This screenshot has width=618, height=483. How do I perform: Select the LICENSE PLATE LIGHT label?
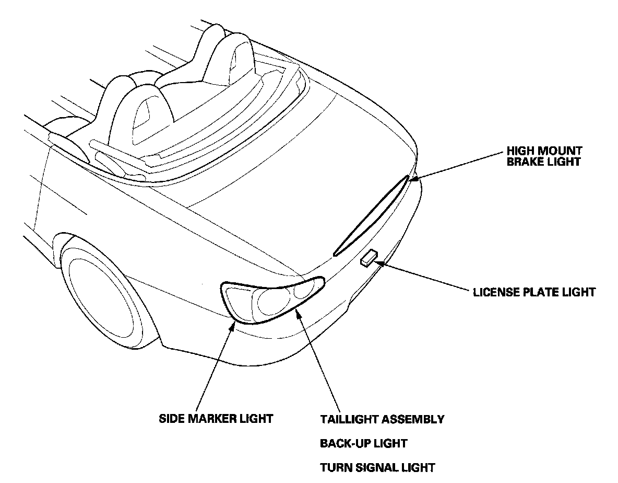(534, 292)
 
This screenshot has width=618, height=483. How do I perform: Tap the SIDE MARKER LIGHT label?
(216, 419)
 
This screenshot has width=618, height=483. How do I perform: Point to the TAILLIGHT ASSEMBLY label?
(382, 419)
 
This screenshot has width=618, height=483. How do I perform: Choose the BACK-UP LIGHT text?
(363, 443)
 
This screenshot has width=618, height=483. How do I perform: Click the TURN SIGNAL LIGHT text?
(377, 467)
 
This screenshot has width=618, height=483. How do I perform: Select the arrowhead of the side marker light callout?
(233, 327)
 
